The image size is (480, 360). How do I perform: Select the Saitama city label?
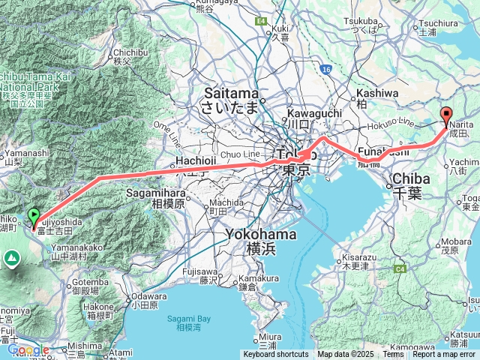click(229, 99)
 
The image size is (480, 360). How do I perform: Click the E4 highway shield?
click(261, 21)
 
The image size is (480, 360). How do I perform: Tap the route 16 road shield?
click(325, 69)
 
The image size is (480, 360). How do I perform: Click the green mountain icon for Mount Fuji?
click(11, 259)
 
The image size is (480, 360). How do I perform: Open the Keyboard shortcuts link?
click(275, 354)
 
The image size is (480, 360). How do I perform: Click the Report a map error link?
click(445, 354)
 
